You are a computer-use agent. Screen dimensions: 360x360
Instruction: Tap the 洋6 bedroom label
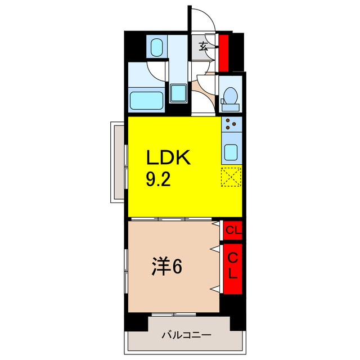click(x=166, y=268)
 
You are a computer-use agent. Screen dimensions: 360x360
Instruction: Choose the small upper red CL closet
click(x=232, y=229)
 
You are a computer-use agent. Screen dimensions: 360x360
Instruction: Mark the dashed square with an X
click(x=231, y=177)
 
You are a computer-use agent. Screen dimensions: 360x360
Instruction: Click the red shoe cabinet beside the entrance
click(x=224, y=51)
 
